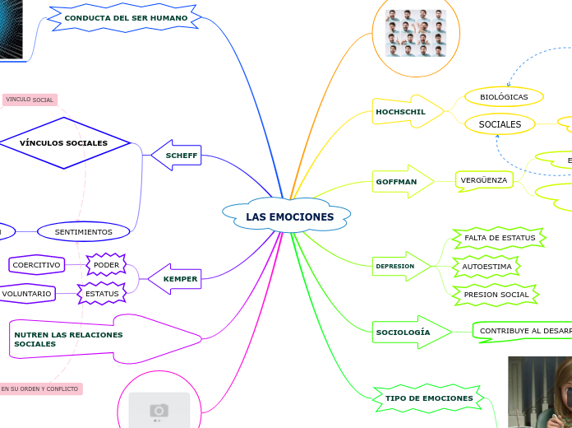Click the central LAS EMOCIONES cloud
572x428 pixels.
point(288,216)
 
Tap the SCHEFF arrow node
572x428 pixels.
point(179,155)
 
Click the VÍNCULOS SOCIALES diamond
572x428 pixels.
point(63,142)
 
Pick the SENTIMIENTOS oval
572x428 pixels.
point(83,232)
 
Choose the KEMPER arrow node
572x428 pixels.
point(178,279)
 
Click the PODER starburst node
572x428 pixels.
point(106,265)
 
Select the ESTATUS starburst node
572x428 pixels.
point(102,293)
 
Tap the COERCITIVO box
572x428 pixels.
point(36,265)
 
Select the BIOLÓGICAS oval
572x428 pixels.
point(504,97)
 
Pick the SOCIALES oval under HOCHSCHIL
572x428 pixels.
point(500,124)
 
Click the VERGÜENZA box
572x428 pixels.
point(485,179)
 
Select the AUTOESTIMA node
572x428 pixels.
point(487,267)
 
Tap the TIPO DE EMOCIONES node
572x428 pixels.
point(428,398)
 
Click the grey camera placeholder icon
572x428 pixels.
point(159,409)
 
